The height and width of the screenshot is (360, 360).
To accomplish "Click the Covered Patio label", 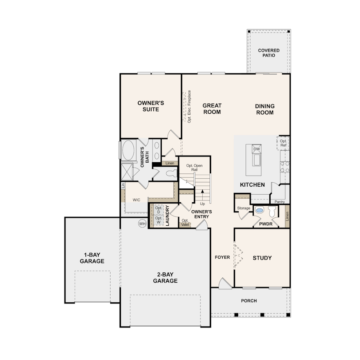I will click(269, 53).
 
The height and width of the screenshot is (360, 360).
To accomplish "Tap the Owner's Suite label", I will click(151, 106).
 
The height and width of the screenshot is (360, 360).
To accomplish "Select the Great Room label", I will click(212, 109).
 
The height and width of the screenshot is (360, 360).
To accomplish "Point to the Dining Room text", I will click(265, 109).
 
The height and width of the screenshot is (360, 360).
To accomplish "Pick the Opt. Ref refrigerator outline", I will click(284, 143).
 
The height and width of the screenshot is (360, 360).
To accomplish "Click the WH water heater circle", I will click(142, 224).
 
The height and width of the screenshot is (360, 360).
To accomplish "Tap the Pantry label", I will click(280, 202).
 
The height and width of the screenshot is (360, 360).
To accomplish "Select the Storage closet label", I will click(244, 208).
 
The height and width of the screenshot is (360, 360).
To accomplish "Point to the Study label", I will click(262, 258).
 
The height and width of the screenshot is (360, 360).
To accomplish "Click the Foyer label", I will click(222, 257).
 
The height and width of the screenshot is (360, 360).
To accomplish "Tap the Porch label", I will click(249, 301).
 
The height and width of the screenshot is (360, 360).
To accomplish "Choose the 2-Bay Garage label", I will click(165, 278).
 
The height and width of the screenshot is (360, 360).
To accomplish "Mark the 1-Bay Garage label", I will click(92, 258).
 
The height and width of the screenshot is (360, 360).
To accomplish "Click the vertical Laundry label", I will click(168, 216).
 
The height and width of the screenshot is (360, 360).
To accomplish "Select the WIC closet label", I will click(136, 200).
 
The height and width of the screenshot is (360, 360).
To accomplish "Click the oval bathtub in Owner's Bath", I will click(129, 150).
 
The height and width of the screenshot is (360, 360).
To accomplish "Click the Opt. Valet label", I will click(185, 223).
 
